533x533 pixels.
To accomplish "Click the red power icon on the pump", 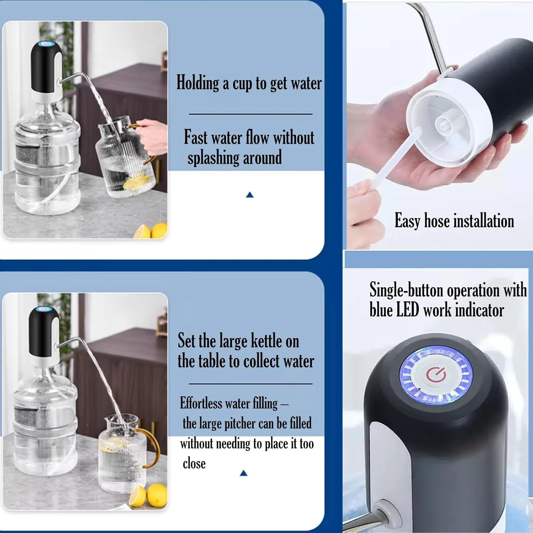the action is [436, 375].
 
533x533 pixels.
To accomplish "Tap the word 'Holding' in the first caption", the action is [198, 83].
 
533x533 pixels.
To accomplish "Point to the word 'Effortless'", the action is [201, 403].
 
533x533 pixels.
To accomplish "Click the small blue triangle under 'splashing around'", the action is [250, 195].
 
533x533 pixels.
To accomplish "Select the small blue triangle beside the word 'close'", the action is [243, 473].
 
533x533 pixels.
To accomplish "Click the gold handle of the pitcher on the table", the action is [152, 448].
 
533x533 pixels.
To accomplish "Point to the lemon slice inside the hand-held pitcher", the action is [136, 182].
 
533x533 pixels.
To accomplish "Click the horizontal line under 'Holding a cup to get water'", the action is [251, 114].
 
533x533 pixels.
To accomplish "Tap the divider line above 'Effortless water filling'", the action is [251, 384].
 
